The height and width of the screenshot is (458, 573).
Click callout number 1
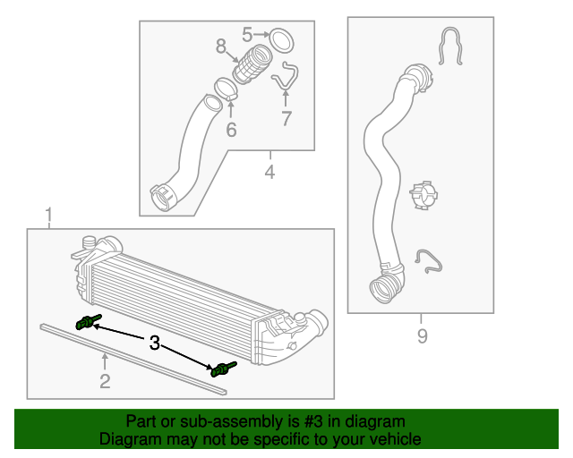point(48,215)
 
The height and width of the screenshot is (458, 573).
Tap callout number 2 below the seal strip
point(105,382)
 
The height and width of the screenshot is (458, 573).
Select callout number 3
point(154,343)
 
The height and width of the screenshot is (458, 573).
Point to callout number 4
point(269,170)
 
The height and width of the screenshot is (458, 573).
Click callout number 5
point(248,35)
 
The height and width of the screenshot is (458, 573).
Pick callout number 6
point(231,130)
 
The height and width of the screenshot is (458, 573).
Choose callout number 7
point(286,118)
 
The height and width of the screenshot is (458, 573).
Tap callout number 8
point(220,45)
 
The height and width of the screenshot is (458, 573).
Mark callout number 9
point(422,335)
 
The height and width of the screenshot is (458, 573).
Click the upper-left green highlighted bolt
point(87,323)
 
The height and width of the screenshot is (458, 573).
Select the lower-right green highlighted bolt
point(220,369)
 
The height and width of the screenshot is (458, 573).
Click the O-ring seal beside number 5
point(282,40)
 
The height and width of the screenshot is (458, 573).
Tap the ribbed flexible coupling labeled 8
point(252,65)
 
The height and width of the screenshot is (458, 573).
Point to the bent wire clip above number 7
point(286,75)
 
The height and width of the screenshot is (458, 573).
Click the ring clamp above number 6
point(226,90)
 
